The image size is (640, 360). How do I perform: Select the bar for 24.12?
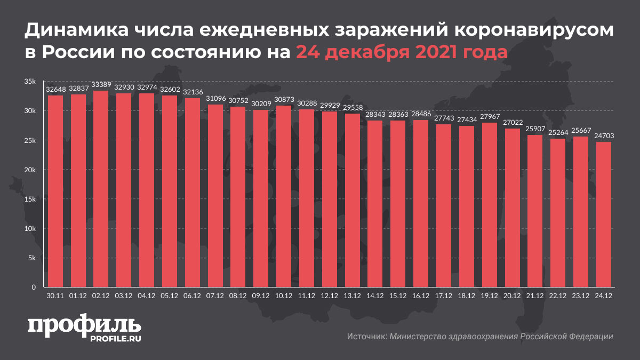(604, 214)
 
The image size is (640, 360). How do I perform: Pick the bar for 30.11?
(55, 191)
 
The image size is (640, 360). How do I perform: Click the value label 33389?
(101, 85)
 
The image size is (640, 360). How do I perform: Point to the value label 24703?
(604, 136)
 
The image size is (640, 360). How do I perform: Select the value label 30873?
(284, 100)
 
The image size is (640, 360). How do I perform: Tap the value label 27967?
(490, 117)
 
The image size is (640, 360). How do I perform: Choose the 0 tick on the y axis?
(33, 287)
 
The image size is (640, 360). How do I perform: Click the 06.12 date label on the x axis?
(193, 295)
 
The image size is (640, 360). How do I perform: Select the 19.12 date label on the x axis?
(490, 295)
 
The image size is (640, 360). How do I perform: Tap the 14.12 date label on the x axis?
(375, 295)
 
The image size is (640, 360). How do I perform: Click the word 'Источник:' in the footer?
(366, 337)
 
